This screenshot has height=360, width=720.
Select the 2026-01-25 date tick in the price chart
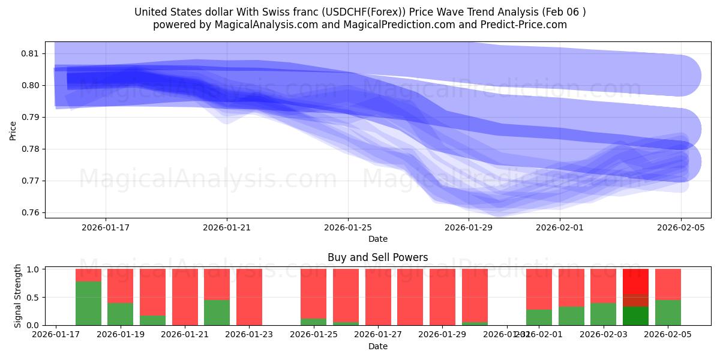[348, 227]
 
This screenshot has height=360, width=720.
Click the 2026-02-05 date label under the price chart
[680, 227]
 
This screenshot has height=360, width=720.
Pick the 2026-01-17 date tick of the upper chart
[106, 227]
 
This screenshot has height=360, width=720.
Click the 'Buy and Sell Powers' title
[377, 257]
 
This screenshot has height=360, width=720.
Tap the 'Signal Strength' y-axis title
[18, 296]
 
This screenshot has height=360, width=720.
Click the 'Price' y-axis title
[13, 130]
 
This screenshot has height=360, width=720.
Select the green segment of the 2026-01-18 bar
[88, 303]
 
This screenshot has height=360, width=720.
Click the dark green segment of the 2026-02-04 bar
[635, 316]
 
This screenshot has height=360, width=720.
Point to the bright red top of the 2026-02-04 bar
[635, 281]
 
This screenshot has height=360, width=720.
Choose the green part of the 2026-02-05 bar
[668, 313]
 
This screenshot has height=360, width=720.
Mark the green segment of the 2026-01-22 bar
[217, 313]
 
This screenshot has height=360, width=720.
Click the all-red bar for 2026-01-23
[249, 297]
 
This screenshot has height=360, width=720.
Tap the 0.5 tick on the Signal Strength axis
[34, 297]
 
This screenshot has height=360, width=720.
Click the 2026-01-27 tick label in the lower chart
[378, 334]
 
